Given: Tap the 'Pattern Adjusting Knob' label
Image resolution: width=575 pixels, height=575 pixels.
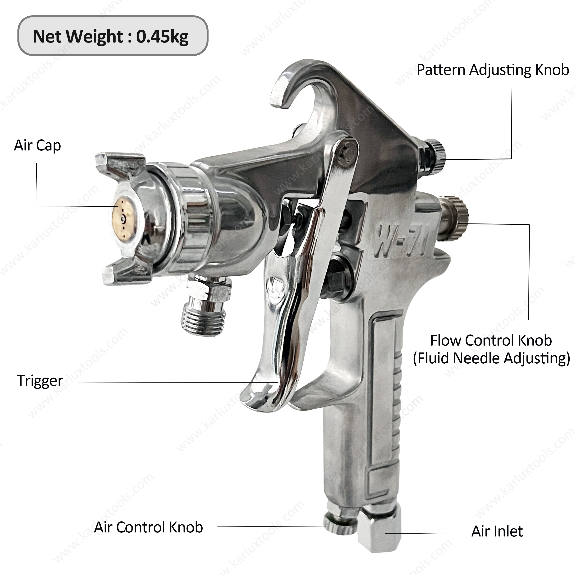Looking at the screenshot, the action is click(493, 70).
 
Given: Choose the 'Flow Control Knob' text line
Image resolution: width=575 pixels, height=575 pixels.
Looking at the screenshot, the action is click(491, 340).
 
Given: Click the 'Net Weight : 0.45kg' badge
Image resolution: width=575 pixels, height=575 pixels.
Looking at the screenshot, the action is click(113, 36).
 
